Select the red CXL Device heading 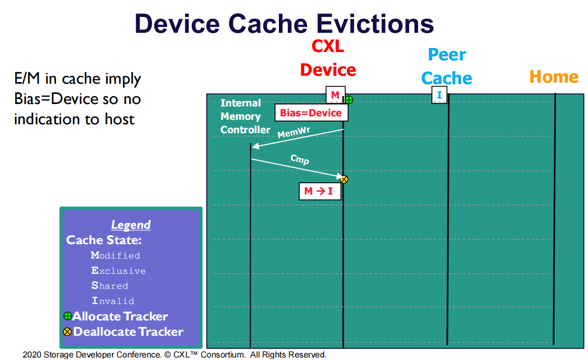pos(327,58)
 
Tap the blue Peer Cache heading pos(446,66)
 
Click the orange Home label pos(553,77)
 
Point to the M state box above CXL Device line pos(335,95)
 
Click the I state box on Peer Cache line pos(439,95)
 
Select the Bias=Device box pos(311,113)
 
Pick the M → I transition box pos(320,191)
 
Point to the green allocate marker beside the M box pos(349,100)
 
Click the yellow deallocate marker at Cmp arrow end pos(344,179)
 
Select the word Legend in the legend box pos(131,225)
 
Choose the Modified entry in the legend pos(115,256)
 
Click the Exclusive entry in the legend pos(118,271)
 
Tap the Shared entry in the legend pos(109,286)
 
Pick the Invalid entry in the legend pos(113,301)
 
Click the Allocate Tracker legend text pos(120,316)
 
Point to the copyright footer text pos(174,355)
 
